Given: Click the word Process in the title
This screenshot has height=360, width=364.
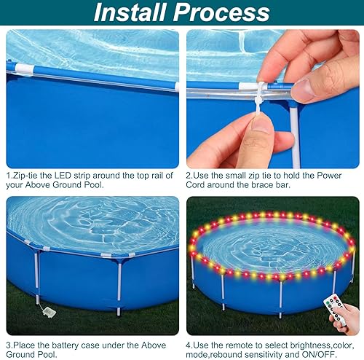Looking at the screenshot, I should click(x=223, y=12).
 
